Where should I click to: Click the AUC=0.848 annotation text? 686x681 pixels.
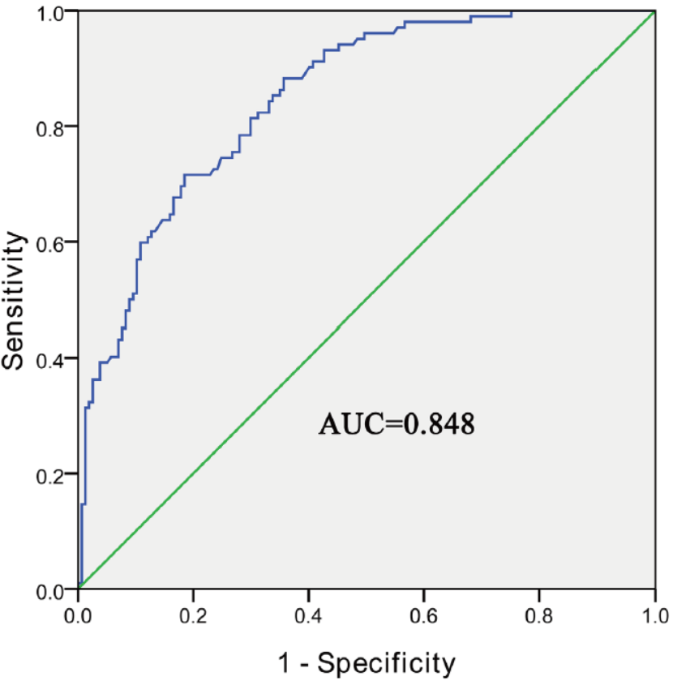(x=397, y=423)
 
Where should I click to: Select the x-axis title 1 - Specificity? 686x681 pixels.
(x=366, y=661)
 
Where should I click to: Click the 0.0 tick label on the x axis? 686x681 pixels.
(x=78, y=613)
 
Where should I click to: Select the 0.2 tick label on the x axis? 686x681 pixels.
(x=193, y=613)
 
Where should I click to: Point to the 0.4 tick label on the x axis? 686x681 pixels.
(x=309, y=613)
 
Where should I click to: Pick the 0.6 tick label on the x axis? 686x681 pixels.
(x=424, y=613)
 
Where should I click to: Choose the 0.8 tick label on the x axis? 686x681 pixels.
(x=539, y=613)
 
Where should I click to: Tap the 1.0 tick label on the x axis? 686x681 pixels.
(x=654, y=613)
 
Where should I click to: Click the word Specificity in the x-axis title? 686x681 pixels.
(x=386, y=661)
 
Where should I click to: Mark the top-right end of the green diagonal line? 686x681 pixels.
(x=654, y=11)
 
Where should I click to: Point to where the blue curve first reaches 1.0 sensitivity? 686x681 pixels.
(x=512, y=11)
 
